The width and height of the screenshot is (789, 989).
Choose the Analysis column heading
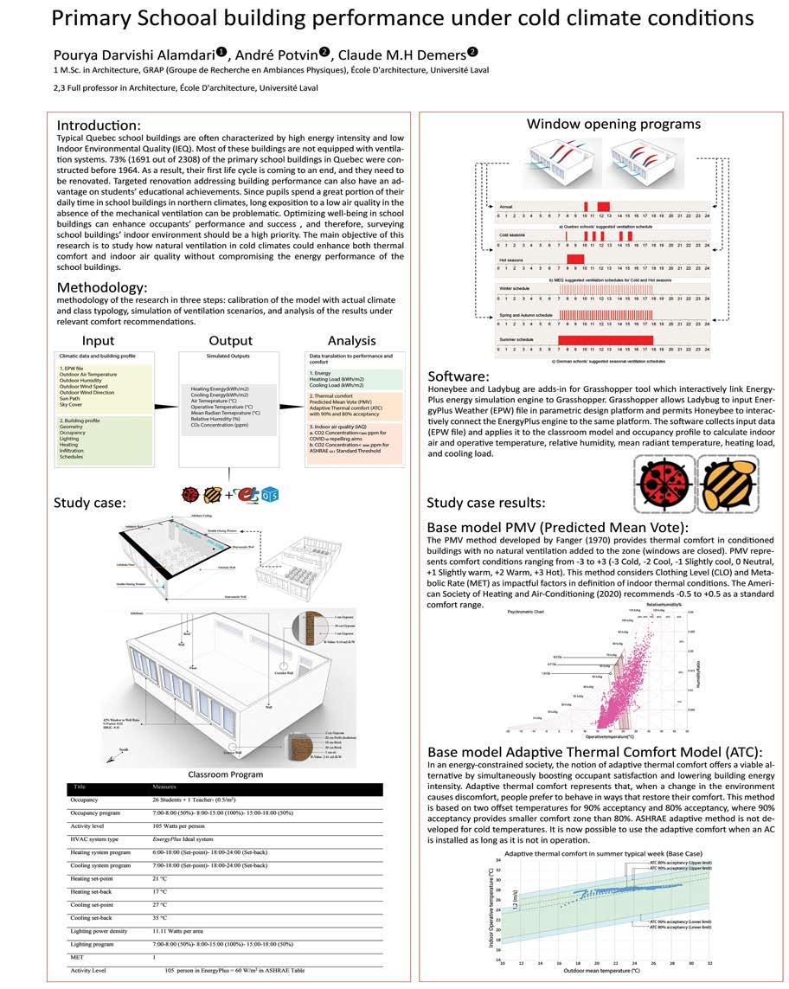pyautogui.click(x=351, y=340)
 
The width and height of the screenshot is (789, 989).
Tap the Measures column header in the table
pyautogui.click(x=170, y=787)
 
